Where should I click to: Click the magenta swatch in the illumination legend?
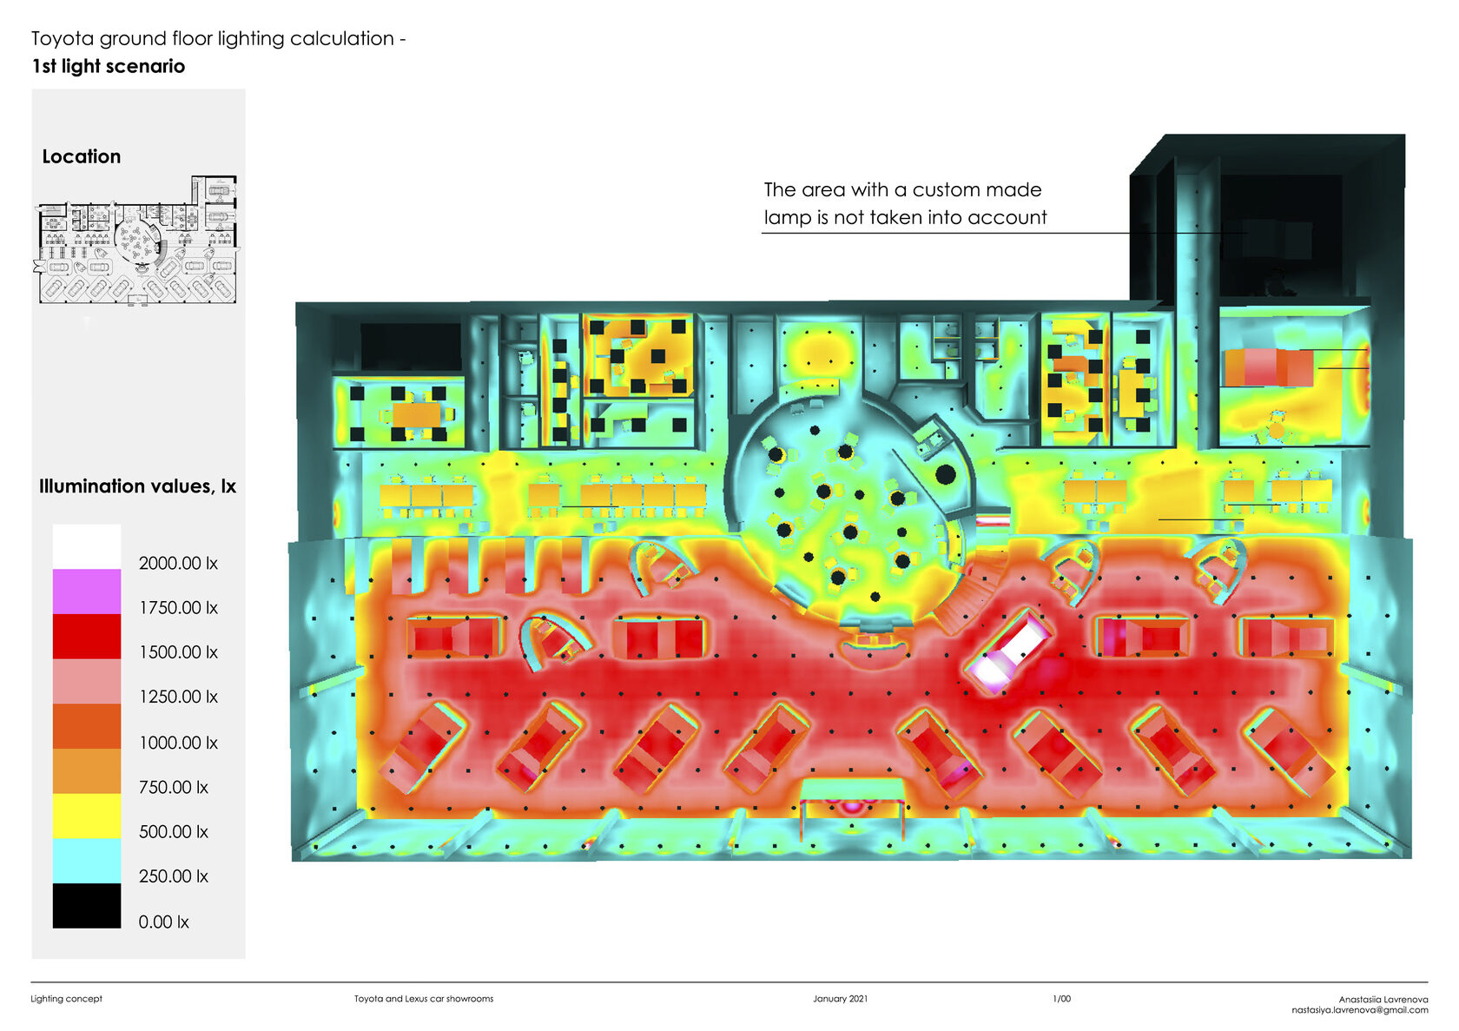pos(86,592)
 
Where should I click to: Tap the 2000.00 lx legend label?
pos(178,563)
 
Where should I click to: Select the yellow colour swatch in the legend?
pos(86,816)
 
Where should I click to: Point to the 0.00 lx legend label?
pos(163,922)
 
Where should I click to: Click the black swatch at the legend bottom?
pos(86,906)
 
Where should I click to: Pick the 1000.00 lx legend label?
pos(178,743)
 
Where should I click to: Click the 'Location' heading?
pos(82,156)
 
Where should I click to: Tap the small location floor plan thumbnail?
pos(136,241)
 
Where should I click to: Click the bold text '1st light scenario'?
pos(109,66)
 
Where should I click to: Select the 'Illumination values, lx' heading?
pos(137,486)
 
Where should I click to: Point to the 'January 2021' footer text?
pos(840,999)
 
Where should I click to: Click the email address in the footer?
pos(1359,1010)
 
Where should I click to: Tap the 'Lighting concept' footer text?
pos(66,999)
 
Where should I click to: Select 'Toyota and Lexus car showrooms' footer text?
pos(424,999)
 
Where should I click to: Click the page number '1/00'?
pos(1061,999)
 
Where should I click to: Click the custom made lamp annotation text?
pos(905,203)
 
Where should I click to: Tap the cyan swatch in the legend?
pos(86,861)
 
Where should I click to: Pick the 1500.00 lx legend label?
pos(178,652)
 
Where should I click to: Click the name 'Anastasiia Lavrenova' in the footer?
pos(1383,1000)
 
